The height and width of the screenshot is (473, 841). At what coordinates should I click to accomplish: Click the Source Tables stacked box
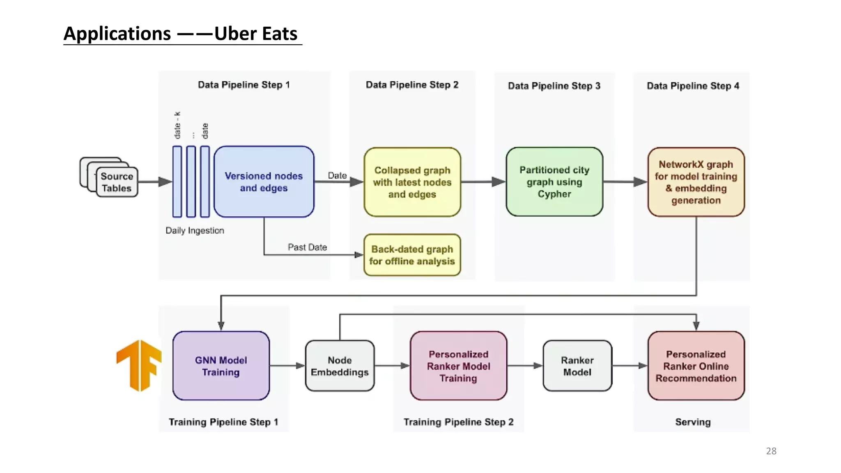[x=116, y=182]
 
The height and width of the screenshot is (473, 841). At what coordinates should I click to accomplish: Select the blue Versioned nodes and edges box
[x=264, y=182]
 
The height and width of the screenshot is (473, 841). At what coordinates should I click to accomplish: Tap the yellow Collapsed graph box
[x=412, y=182]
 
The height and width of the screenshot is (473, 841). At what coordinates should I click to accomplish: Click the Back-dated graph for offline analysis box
[x=412, y=255]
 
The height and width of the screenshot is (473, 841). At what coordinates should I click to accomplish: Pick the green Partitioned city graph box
[x=554, y=182]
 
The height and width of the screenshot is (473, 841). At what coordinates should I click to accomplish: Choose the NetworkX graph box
[x=696, y=182]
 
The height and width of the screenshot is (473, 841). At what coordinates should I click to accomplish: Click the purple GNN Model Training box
[x=221, y=366]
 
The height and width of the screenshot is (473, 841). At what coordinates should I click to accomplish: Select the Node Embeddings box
[x=340, y=366]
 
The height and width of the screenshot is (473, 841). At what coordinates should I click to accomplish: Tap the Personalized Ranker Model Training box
[x=458, y=366]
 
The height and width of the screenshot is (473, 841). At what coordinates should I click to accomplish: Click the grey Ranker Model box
[x=577, y=366]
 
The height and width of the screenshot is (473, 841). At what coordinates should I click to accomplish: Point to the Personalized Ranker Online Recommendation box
[x=696, y=366]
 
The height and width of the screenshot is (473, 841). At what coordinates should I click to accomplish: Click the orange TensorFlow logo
[x=139, y=365]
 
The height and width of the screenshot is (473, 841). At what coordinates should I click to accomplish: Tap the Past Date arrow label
[x=307, y=247]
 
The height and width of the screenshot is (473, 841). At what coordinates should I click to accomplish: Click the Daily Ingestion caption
[x=195, y=230]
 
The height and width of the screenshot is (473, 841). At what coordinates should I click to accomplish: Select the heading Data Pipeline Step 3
[x=554, y=86]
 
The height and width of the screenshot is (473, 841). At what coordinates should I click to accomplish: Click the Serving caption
[x=693, y=422]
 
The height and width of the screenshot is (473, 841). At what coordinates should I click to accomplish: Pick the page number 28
[x=771, y=451]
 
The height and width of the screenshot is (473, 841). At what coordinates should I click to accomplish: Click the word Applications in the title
[x=117, y=34]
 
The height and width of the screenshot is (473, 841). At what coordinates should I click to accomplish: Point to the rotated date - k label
[x=177, y=125]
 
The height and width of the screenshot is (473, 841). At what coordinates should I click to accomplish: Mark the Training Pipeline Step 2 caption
[x=458, y=422]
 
